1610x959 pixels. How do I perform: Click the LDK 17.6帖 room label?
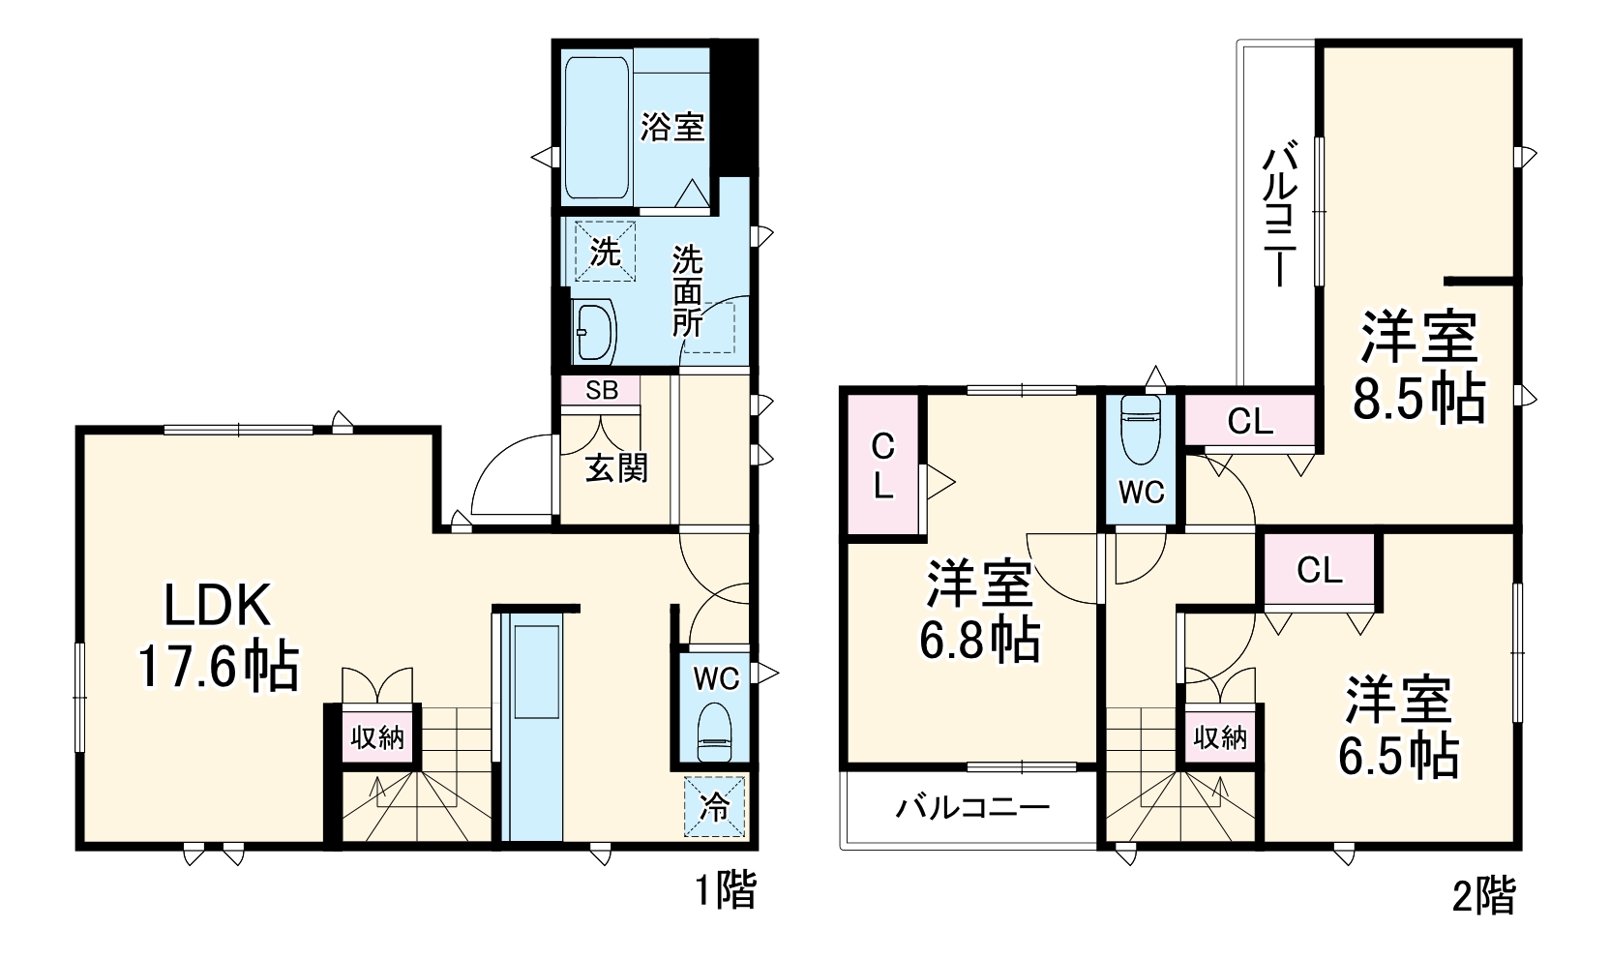tap(218, 636)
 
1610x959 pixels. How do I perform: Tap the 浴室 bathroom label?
tap(672, 127)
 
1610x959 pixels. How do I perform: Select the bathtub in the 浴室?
tap(597, 127)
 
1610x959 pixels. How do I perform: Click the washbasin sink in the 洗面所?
tap(594, 331)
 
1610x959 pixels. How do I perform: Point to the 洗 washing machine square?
tap(605, 251)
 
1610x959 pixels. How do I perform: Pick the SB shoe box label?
tap(602, 390)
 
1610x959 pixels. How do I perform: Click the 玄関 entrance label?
tap(616, 468)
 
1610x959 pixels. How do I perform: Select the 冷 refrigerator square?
tap(714, 807)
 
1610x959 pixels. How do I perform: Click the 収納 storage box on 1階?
tap(377, 736)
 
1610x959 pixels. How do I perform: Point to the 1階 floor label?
tap(726, 890)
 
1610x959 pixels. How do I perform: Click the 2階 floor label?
tap(1483, 896)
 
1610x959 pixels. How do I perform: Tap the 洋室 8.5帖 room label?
tap(1418, 366)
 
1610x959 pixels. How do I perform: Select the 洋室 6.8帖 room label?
tap(980, 610)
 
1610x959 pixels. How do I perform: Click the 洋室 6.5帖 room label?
tap(1398, 727)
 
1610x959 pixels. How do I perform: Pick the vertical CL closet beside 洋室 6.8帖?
tap(883, 465)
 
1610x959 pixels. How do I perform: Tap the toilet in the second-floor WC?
tap(1141, 430)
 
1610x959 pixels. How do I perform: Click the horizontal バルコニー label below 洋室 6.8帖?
tap(971, 808)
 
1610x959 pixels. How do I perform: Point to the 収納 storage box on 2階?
tap(1220, 736)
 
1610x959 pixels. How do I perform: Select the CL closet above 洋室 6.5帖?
tap(1320, 570)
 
